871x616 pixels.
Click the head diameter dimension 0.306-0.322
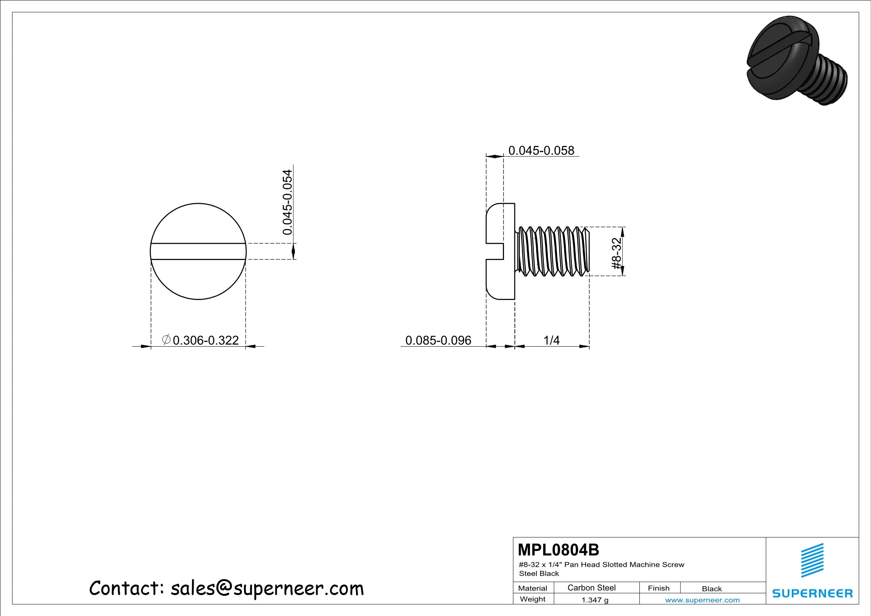[x=205, y=340]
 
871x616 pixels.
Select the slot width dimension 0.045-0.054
[x=287, y=203]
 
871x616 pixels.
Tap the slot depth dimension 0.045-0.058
[x=541, y=151]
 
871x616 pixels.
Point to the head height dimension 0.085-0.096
[x=438, y=340]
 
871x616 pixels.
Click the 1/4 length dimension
[x=551, y=340]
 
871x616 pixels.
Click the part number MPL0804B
[x=558, y=550]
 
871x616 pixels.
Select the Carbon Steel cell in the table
[x=591, y=588]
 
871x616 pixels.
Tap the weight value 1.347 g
[x=595, y=600]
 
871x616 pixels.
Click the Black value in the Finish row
[x=712, y=588]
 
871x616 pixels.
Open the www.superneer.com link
[x=702, y=600]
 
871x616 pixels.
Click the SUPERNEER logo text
[x=812, y=593]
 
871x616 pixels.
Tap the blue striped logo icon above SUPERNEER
[x=812, y=560]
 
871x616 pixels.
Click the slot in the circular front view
[x=198, y=252]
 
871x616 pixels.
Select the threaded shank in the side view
[x=553, y=252]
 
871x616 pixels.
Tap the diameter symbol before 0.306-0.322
[x=166, y=340]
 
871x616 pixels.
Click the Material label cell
[x=532, y=588]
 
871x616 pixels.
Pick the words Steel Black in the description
[x=539, y=574]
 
